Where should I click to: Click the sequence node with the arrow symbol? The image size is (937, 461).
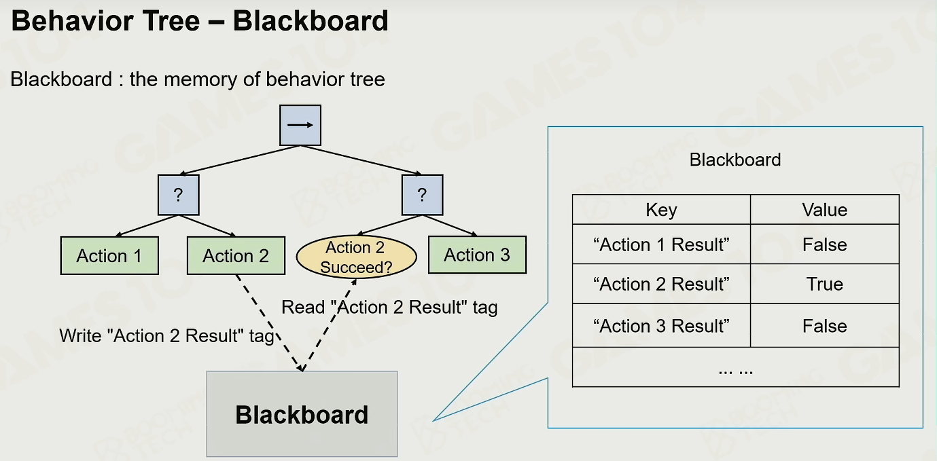[300, 125]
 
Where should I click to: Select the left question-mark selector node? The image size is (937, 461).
[179, 195]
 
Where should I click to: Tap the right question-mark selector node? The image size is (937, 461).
[423, 195]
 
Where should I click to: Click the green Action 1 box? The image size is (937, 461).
[109, 255]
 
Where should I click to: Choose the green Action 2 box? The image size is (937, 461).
[236, 255]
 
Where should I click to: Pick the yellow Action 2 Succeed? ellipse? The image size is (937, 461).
[357, 257]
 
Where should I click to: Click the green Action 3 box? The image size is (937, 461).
[477, 255]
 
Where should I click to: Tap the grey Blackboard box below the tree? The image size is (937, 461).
[302, 413]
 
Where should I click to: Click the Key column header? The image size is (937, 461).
[661, 209]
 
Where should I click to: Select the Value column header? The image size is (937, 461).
[824, 209]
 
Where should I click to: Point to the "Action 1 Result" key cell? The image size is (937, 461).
[661, 244]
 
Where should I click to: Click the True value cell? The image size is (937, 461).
[824, 284]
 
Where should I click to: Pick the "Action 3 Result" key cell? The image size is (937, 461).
[661, 326]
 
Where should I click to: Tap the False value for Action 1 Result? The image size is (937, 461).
[824, 244]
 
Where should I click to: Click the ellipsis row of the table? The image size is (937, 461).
[736, 367]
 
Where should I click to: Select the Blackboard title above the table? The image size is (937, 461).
[735, 160]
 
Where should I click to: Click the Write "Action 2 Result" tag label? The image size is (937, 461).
[167, 335]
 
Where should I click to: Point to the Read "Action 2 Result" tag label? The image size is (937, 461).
[389, 307]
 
